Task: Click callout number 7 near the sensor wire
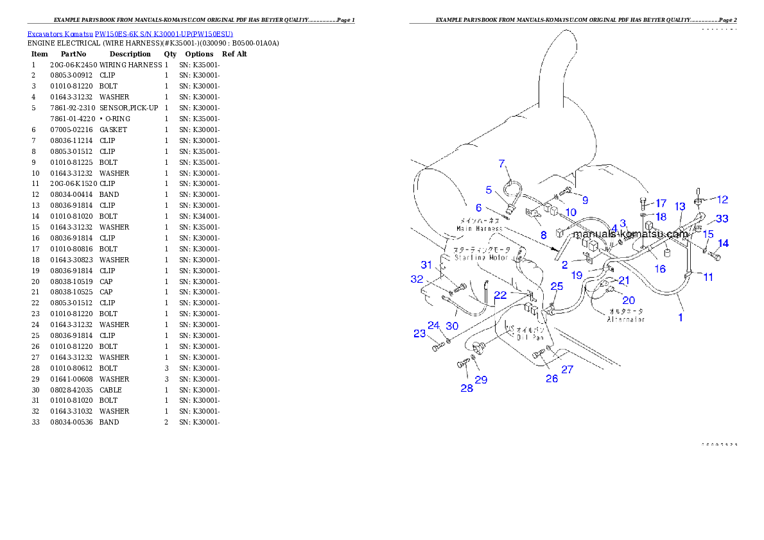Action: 502,164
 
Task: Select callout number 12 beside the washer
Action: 722,199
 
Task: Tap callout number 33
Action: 722,219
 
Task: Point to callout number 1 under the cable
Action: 681,316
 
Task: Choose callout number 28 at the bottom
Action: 467,388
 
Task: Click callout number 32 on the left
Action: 417,279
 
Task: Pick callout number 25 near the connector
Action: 557,286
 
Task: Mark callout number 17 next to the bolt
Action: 661,203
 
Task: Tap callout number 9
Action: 585,200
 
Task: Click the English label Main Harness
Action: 479,228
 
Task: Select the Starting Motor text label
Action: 482,257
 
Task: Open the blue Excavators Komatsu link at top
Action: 130,33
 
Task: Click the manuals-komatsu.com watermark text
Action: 630,234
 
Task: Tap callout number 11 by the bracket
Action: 708,277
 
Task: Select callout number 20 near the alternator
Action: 629,300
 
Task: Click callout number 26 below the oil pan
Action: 552,378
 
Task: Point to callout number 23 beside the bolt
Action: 419,333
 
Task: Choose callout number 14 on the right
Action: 723,243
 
